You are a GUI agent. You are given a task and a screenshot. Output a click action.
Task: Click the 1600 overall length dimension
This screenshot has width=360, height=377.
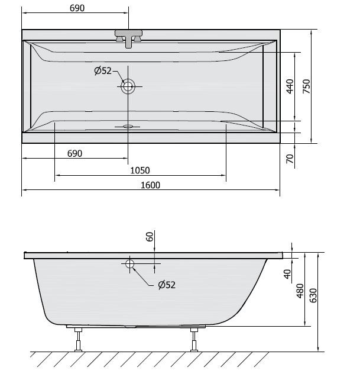(151, 185)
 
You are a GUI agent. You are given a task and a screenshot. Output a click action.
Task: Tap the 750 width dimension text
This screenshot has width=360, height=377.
(306, 86)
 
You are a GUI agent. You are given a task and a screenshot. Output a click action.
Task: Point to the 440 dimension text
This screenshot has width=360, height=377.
(290, 86)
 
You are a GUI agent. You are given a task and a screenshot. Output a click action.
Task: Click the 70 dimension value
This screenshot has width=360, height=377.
(290, 159)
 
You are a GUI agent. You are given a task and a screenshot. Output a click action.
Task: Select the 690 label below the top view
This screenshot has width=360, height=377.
(74, 153)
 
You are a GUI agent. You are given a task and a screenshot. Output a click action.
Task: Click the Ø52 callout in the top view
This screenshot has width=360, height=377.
(103, 72)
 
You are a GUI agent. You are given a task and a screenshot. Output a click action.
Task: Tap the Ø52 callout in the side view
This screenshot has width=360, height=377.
(167, 285)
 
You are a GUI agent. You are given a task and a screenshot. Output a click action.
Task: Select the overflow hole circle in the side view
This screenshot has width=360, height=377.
(129, 264)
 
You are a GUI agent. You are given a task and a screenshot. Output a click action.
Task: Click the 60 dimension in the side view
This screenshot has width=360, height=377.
(150, 237)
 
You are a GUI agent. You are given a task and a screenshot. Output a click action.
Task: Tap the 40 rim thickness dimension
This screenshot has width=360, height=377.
(287, 273)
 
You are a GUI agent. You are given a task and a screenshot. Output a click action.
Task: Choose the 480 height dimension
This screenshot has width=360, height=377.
(300, 291)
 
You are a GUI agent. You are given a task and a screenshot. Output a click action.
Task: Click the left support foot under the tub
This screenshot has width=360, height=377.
(77, 340)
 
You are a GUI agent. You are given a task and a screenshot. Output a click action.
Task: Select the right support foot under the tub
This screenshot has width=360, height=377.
(193, 340)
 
